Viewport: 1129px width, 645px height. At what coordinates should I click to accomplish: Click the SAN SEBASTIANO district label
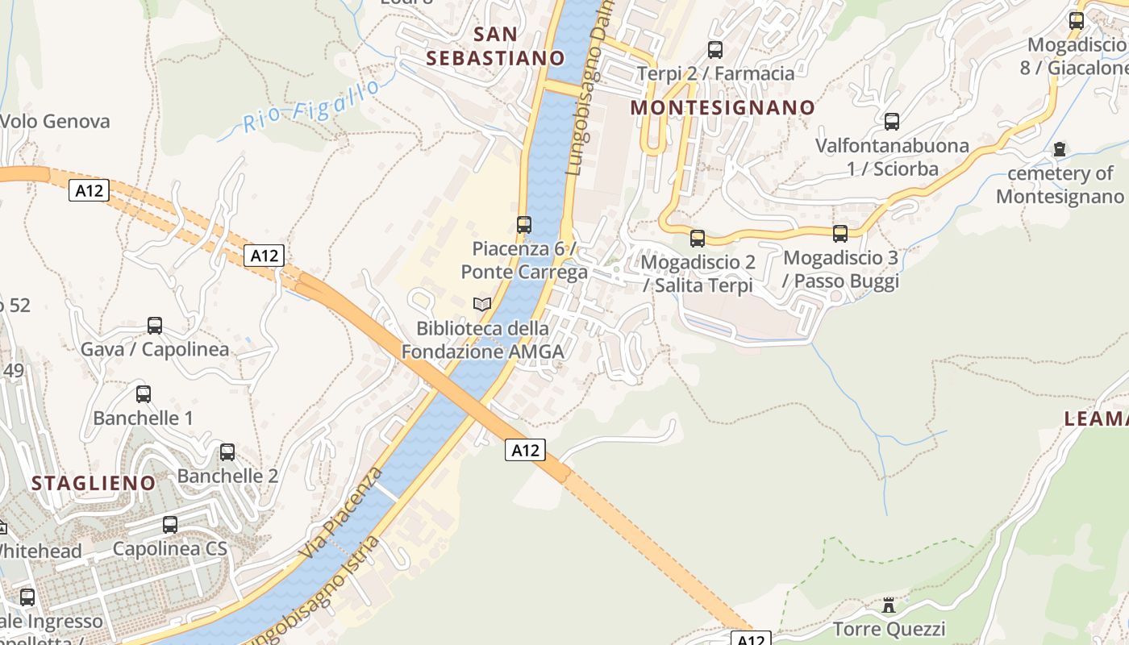point(495,46)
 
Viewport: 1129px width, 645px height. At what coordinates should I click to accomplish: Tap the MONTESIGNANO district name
point(723,107)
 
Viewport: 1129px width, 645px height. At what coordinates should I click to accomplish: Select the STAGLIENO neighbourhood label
point(93,483)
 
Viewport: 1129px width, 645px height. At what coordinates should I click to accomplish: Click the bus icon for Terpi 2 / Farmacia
point(714,50)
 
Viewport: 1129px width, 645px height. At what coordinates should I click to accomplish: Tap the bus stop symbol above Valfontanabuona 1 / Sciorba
point(891,122)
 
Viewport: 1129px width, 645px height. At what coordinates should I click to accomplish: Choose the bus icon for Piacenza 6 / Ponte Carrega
point(524,225)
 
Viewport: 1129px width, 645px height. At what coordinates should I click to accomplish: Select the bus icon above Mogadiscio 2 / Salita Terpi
point(698,239)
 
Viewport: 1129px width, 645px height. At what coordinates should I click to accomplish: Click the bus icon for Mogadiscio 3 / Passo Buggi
point(840,234)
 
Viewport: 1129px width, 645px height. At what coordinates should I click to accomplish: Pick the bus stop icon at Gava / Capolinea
point(155,326)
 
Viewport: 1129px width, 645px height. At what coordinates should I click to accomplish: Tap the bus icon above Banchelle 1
point(144,394)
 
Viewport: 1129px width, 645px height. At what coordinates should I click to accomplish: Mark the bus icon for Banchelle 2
point(227,452)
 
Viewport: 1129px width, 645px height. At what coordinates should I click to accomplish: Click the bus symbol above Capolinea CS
point(170,525)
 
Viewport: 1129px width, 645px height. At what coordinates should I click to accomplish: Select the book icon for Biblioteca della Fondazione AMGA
point(482,304)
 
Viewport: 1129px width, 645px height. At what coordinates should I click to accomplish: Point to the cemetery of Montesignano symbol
point(1060,149)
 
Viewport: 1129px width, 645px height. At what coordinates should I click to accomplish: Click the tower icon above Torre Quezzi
point(889,605)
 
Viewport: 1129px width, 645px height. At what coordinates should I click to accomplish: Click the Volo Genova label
point(55,122)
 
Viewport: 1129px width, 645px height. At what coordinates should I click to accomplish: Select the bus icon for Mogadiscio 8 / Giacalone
point(1077,21)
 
